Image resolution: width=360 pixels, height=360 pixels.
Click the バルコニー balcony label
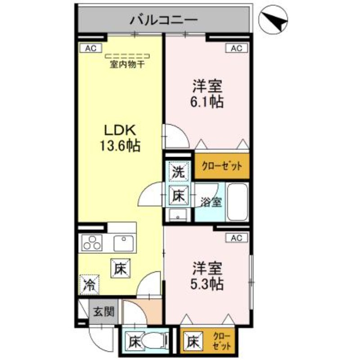tap(164, 20)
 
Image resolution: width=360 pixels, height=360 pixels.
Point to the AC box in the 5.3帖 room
tap(237, 237)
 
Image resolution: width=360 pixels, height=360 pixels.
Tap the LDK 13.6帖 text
tap(120, 137)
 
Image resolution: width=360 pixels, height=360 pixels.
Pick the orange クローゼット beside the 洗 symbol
tap(221, 166)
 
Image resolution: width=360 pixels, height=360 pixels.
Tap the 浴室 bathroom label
tap(211, 202)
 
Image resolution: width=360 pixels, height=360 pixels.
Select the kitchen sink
tap(123, 243)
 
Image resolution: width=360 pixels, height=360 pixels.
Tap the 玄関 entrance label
tap(104, 311)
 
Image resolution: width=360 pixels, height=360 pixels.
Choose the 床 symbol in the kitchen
tap(119, 269)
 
